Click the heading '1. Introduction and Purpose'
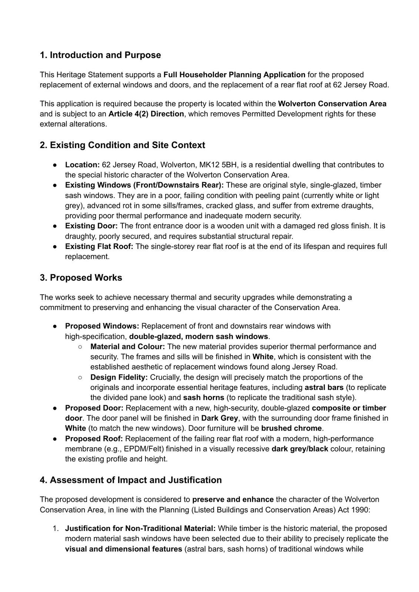[100, 55]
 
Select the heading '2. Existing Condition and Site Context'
[122, 145]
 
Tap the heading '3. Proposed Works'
[81, 277]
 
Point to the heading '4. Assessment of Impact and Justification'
[131, 480]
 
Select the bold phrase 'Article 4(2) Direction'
[146, 114]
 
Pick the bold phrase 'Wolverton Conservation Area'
[332, 104]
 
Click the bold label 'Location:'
[82, 165]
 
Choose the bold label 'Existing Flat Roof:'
[99, 246]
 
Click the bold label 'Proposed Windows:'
[102, 326]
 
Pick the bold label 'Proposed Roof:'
[94, 438]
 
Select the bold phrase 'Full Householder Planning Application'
[234, 75]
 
